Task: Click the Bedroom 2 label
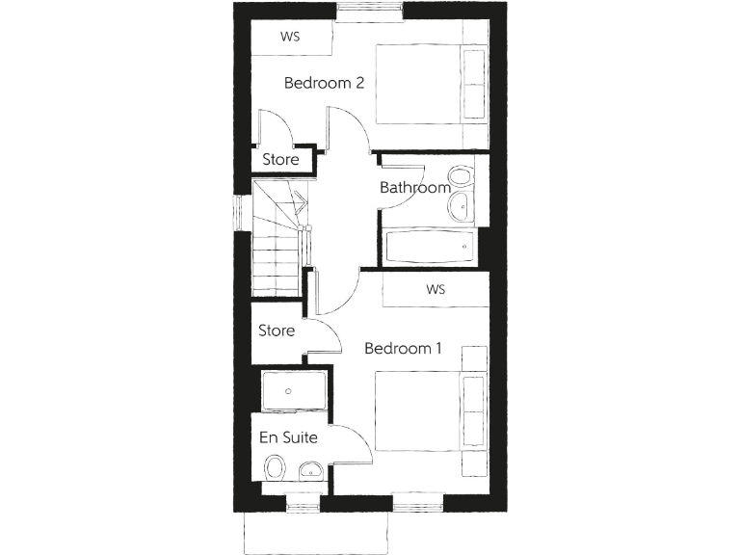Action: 324,83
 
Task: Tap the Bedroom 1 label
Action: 403,349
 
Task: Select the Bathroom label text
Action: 414,188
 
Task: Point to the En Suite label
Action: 289,437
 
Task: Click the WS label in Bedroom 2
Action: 289,38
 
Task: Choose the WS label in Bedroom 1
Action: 436,289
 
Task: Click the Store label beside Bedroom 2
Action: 280,160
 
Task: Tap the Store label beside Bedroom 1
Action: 277,331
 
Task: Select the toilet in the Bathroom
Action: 461,177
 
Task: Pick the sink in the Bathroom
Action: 462,204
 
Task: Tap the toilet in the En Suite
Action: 276,468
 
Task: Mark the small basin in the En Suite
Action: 311,471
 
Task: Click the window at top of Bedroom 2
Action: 370,12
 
